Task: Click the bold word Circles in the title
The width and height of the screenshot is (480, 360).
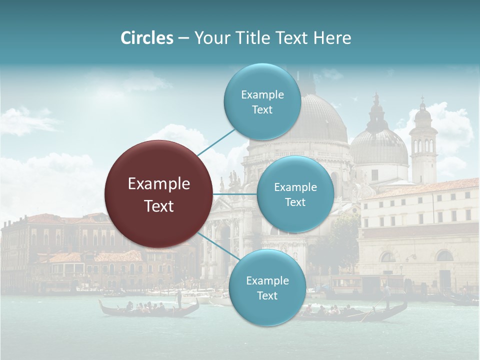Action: [146, 38]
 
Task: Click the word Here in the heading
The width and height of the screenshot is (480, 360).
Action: [332, 38]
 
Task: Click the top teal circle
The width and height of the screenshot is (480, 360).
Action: [262, 102]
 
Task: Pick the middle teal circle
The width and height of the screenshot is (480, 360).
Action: [295, 194]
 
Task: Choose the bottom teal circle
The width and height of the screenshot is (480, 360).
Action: [267, 288]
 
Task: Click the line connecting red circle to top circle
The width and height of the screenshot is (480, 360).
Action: [216, 142]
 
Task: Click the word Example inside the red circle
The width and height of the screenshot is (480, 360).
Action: [159, 184]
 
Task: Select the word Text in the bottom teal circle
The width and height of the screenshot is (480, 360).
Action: [267, 295]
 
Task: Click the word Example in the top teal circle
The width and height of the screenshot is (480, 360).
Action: [262, 94]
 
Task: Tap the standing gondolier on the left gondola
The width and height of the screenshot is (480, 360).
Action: [178, 298]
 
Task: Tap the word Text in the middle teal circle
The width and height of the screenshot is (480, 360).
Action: [295, 202]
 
